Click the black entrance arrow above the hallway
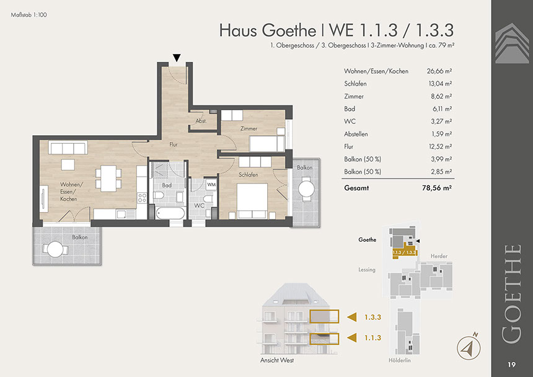(177, 58)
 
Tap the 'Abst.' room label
(201, 121)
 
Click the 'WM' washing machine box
(211, 185)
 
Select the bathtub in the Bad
(170, 213)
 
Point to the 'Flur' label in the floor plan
(174, 144)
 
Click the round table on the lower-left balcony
(55, 249)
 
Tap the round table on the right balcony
(306, 189)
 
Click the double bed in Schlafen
(252, 200)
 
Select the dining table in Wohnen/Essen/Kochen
(108, 179)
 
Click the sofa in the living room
(68, 148)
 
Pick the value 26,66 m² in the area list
(439, 71)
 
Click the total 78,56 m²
(437, 188)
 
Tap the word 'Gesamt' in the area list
(356, 188)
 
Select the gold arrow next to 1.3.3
(352, 317)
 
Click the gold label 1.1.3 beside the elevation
(372, 338)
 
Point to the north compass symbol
(469, 347)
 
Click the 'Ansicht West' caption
(277, 360)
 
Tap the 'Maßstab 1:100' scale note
(29, 15)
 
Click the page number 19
(511, 365)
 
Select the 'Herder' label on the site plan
(439, 256)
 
